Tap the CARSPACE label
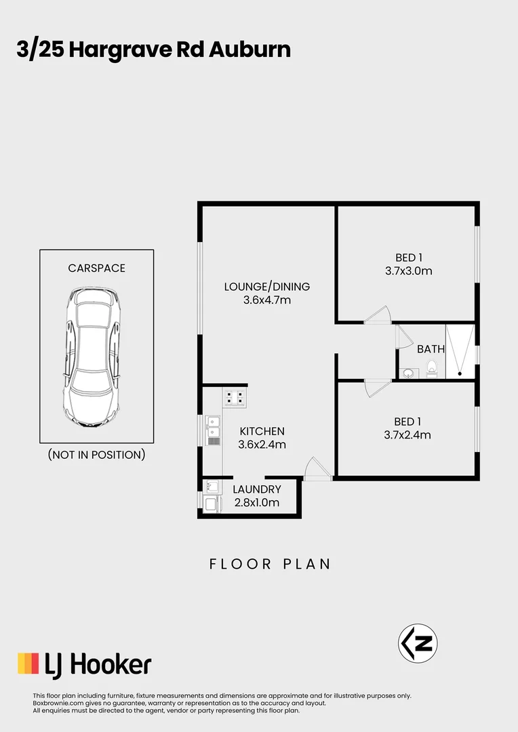coord(96,268)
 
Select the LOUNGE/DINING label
coord(267,286)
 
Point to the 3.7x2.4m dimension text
coord(407,435)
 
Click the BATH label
coord(431,350)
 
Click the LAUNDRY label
coord(257,489)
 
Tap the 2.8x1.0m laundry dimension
coord(256,503)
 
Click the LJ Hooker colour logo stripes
coord(28,664)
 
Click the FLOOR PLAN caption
coord(270,564)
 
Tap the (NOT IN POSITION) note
coord(96,454)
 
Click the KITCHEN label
coord(262,431)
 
